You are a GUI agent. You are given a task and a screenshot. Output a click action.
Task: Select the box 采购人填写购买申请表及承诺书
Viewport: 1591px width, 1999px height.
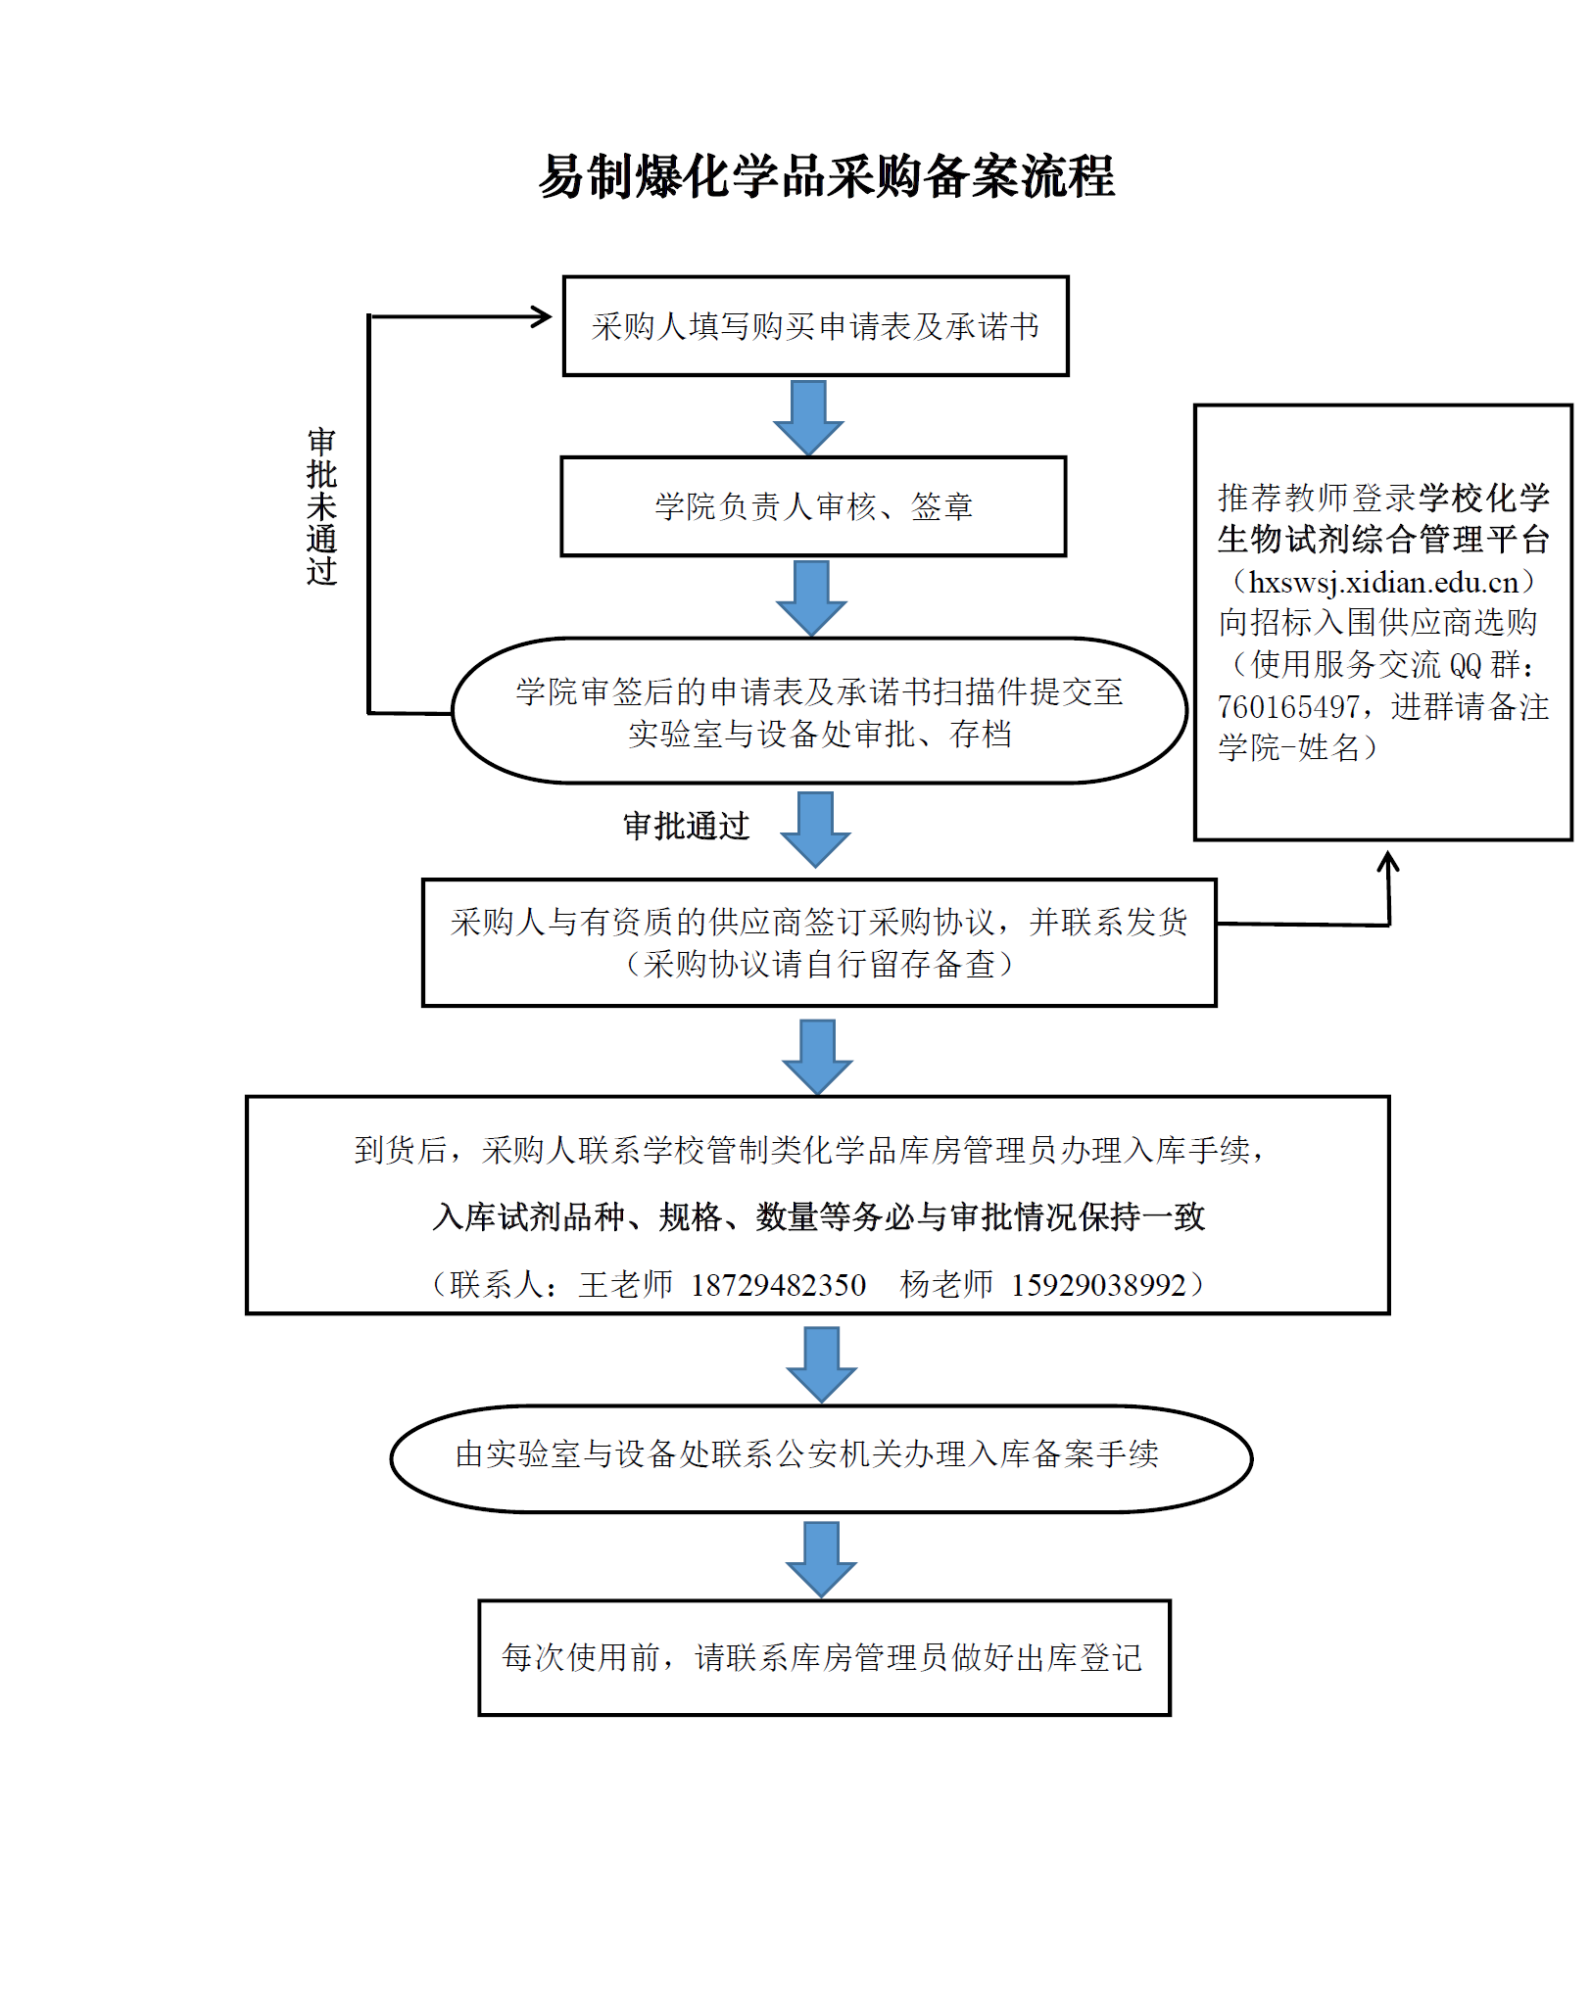coord(815,326)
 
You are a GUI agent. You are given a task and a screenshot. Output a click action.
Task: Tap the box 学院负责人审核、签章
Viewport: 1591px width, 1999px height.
coord(813,506)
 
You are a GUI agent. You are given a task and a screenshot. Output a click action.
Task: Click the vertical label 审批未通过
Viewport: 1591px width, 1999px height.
coord(321,506)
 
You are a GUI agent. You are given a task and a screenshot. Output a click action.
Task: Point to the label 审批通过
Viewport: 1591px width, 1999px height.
coord(686,826)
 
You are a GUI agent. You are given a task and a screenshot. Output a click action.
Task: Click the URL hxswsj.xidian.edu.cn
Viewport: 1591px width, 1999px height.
coord(1382,582)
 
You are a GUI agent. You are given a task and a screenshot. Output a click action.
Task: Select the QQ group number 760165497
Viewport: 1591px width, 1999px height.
coord(1288,706)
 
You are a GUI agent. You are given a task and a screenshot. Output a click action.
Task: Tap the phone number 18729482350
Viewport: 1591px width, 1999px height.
coord(778,1284)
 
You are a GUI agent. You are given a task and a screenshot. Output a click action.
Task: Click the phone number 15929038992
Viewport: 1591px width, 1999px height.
coord(1098,1284)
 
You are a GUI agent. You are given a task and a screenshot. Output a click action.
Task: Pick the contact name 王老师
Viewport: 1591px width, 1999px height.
coord(625,1284)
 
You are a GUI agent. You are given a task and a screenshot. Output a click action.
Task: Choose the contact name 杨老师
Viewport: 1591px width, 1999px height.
coord(946,1284)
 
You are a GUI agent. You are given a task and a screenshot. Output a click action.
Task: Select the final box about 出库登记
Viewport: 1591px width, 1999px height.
coord(823,1657)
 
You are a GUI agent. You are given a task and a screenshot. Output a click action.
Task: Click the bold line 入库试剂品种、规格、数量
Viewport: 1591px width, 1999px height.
coord(818,1217)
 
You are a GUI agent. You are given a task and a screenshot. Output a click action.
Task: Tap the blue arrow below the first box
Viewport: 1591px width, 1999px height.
coord(808,416)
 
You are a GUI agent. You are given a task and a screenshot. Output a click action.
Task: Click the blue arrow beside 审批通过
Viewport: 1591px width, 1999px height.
coord(815,829)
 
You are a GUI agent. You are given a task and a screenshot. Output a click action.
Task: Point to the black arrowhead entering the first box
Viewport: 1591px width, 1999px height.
coord(542,316)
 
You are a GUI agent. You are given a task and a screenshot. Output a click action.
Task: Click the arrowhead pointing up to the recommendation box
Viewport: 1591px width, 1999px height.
coord(1387,862)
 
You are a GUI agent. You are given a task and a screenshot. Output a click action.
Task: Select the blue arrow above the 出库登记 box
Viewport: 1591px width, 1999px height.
coord(821,1558)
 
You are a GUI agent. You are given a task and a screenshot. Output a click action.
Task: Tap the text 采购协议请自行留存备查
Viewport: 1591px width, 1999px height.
coord(819,965)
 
